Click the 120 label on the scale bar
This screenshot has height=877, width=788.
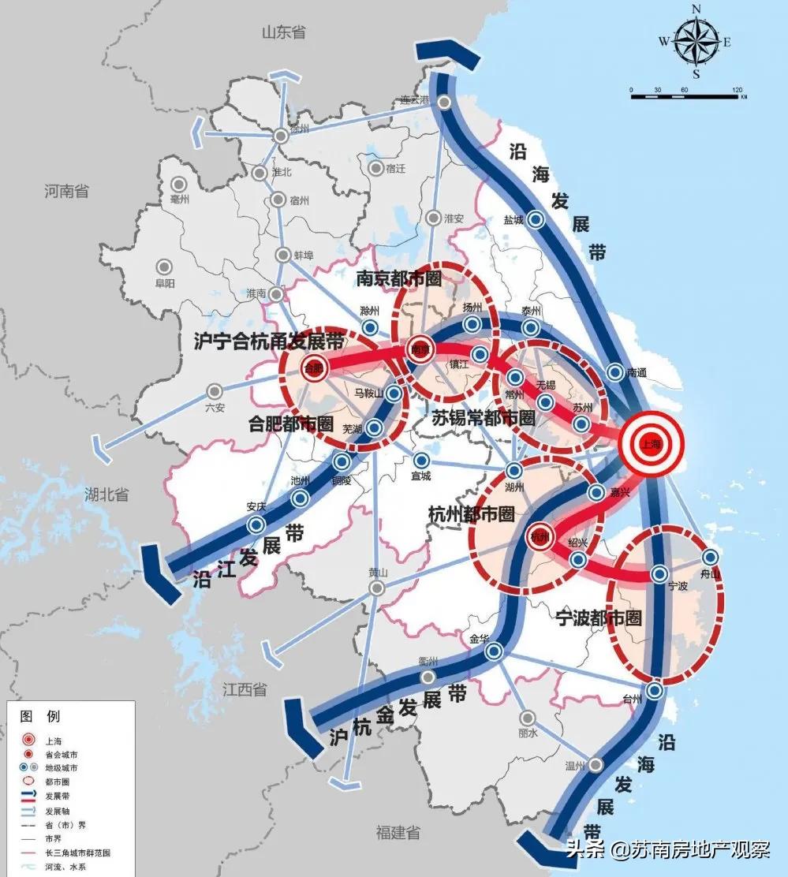(738, 90)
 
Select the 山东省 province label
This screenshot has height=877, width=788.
(284, 32)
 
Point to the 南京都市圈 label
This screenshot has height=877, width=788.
(398, 278)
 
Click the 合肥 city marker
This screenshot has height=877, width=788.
(313, 367)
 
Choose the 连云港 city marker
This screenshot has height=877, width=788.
(446, 102)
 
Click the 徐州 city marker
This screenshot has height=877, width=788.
(281, 136)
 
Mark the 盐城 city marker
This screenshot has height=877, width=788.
(535, 220)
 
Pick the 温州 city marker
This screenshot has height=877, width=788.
(596, 764)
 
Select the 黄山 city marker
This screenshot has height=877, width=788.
(377, 588)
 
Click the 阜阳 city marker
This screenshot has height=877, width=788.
(165, 267)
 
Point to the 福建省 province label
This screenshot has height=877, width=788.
(398, 833)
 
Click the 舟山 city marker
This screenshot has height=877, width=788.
(710, 557)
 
